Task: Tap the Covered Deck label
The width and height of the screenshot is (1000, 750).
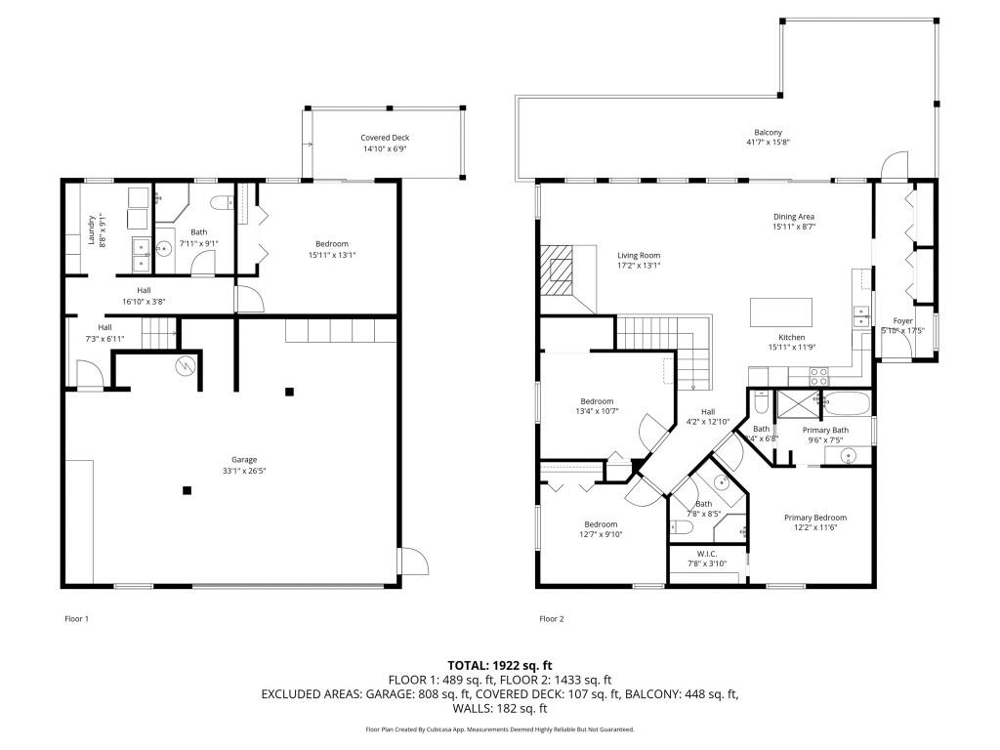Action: [x=385, y=139]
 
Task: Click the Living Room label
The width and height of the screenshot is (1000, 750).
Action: [x=639, y=256]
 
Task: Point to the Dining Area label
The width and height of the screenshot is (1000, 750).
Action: [x=793, y=217]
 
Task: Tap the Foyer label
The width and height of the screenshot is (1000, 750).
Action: [x=903, y=321]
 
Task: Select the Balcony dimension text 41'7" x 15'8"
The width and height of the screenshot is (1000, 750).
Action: [x=768, y=142]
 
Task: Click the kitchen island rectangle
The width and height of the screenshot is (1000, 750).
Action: [x=781, y=312]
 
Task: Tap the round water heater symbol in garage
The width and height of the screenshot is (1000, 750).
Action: [x=185, y=366]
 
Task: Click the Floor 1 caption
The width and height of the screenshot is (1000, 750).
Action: [x=76, y=618]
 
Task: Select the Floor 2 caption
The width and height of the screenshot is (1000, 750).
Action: [x=552, y=618]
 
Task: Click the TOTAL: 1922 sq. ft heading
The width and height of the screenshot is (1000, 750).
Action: [x=500, y=665]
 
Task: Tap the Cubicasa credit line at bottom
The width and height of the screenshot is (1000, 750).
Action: [x=500, y=729]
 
